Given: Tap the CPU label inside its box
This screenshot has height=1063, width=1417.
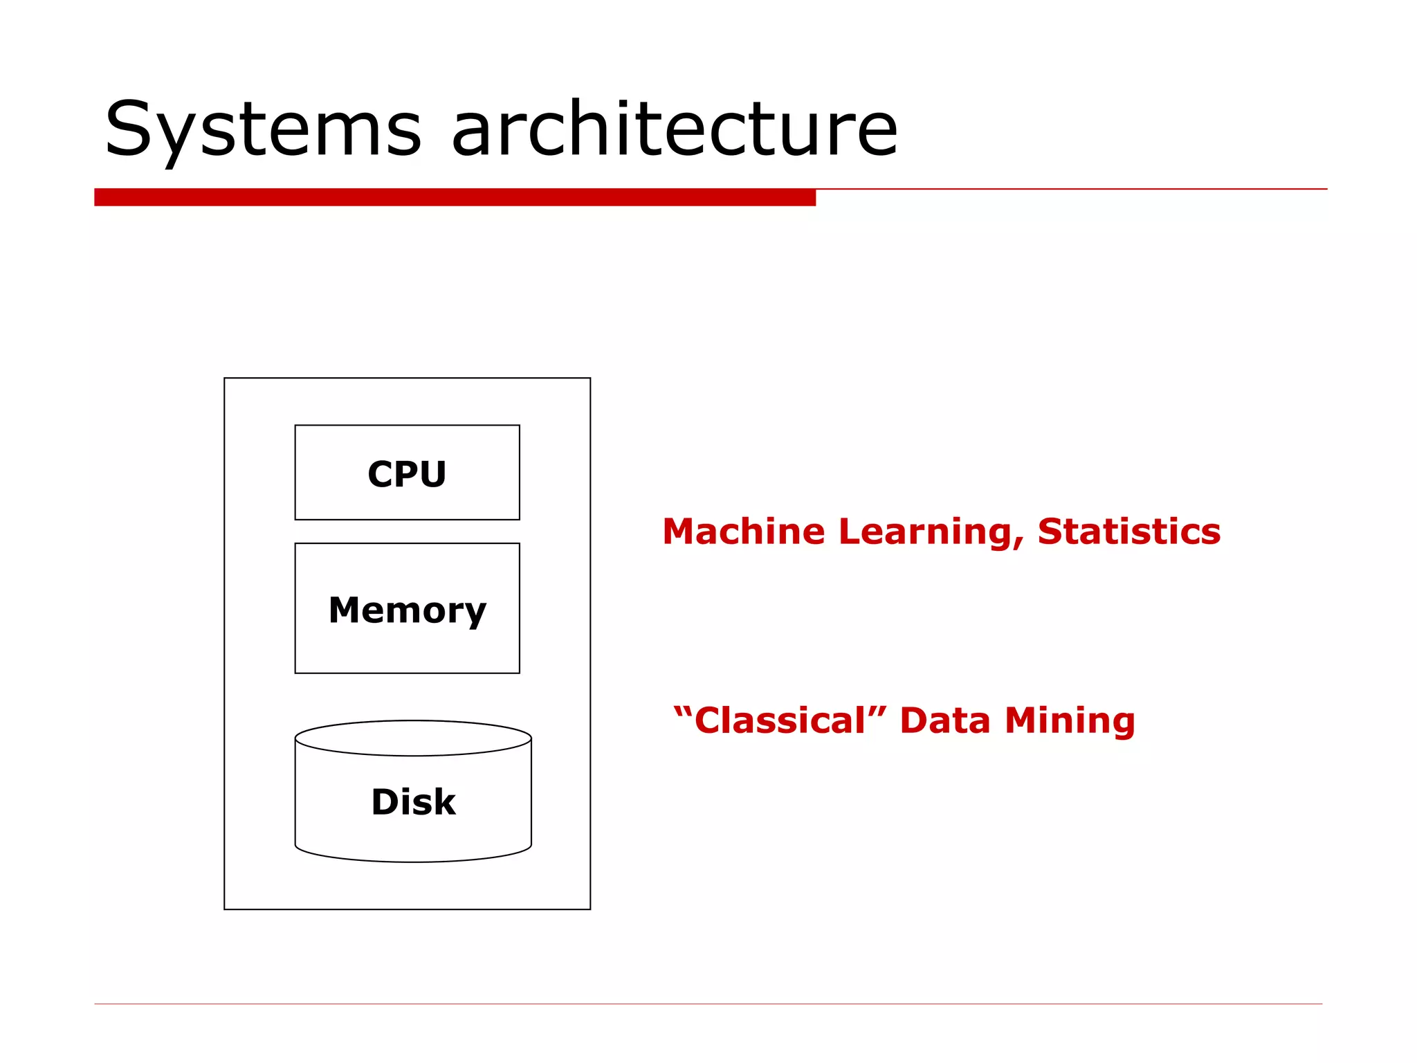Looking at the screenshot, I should tap(407, 475).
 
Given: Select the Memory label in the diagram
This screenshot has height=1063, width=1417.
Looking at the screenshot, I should tap(407, 610).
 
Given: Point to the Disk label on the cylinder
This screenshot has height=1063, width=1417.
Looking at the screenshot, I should tap(413, 802).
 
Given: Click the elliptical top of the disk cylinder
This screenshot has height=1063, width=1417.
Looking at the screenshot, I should tap(413, 738).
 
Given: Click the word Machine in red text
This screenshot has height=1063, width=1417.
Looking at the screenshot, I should tap(744, 531).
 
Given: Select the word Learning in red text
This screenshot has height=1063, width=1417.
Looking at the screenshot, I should tap(927, 531).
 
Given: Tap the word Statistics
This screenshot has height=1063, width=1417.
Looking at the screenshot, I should tap(1129, 531).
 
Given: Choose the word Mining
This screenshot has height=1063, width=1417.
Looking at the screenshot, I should tap(1070, 720).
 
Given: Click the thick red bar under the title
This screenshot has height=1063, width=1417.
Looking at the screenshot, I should tap(455, 197).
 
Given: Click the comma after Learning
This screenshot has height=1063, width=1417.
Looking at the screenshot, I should tap(1019, 544).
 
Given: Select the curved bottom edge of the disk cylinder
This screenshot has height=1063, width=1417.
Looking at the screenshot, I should tap(413, 860).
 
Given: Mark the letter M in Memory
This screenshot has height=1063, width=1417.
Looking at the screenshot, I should tap(345, 610).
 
